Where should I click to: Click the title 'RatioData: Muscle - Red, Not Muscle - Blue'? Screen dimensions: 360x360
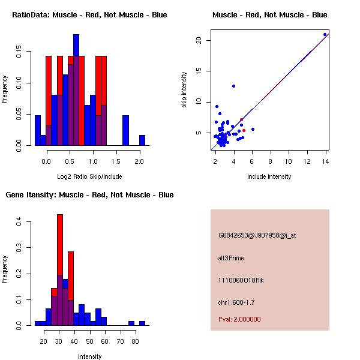click(89, 15)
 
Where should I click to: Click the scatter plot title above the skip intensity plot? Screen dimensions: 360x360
click(270, 15)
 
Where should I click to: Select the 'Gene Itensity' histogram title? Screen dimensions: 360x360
click(89, 195)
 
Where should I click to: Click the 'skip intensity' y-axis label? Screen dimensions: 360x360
click(184, 90)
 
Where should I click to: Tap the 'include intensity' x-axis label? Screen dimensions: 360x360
click(269, 176)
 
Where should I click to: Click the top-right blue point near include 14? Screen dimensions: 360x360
click(325, 34)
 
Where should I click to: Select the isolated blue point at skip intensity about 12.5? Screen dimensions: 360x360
click(233, 86)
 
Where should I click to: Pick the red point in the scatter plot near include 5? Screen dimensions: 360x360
click(244, 130)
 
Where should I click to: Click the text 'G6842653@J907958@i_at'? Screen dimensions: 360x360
click(257, 235)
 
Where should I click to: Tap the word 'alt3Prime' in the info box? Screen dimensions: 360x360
click(231, 258)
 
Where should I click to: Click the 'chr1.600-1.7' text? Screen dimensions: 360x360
click(235, 302)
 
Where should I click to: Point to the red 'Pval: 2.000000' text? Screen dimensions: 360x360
click(239, 319)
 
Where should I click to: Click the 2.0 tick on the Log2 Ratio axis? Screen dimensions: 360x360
click(139, 161)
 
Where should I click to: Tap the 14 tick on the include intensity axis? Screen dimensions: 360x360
click(325, 161)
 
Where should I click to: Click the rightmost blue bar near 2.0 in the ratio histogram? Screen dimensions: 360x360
click(142, 140)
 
